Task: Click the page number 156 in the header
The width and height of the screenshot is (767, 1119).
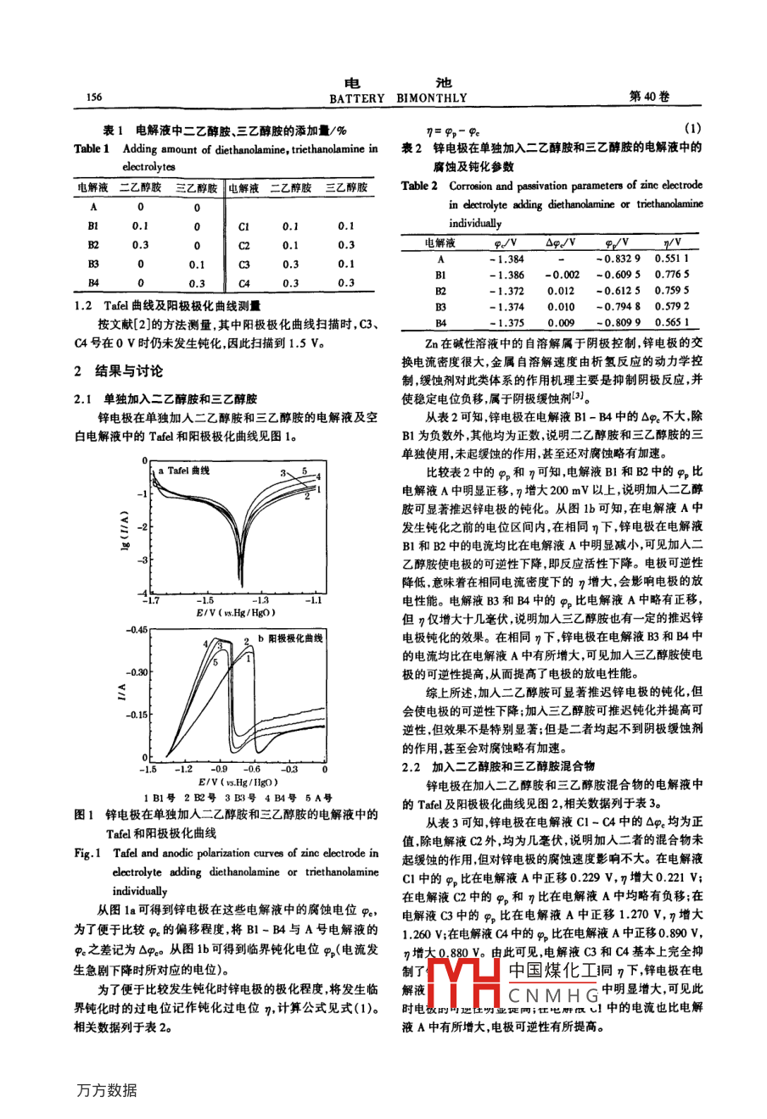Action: coord(94,97)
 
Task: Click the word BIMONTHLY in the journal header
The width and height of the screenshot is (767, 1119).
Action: coord(432,98)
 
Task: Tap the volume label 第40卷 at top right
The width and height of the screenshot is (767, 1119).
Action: coord(649,97)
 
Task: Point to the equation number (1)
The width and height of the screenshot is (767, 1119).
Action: coord(691,129)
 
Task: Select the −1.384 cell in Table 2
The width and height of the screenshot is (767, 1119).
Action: coord(507,259)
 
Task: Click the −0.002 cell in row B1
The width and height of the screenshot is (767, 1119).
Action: coord(562,275)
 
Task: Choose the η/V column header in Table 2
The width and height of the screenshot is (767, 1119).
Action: coord(672,242)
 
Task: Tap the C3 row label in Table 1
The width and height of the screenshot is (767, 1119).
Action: coord(244,264)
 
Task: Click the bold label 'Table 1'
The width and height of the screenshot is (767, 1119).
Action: coord(92,149)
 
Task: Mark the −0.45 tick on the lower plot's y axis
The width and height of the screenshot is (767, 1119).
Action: coord(136,631)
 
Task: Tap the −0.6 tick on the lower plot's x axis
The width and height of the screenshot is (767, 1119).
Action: coord(253,769)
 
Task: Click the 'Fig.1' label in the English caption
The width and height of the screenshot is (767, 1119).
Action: coord(87,853)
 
